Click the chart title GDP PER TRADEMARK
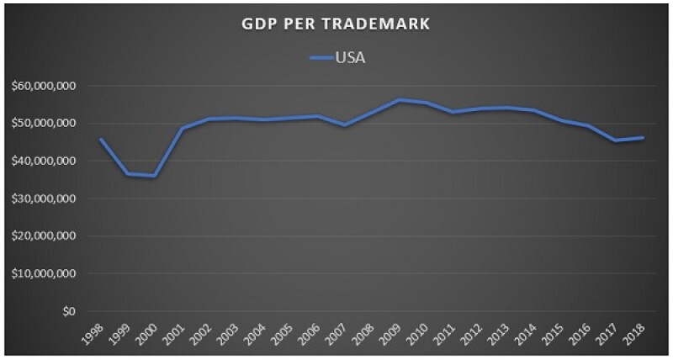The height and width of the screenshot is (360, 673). pos(335,24)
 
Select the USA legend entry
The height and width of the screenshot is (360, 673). pos(337,58)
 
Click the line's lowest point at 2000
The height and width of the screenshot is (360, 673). pos(155,176)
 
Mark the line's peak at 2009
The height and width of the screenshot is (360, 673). pos(399,100)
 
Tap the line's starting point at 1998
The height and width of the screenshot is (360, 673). pos(100,139)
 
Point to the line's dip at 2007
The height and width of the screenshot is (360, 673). pos(345,125)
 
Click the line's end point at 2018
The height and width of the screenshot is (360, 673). pos(644,138)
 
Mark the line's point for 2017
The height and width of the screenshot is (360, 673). pos(617,140)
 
